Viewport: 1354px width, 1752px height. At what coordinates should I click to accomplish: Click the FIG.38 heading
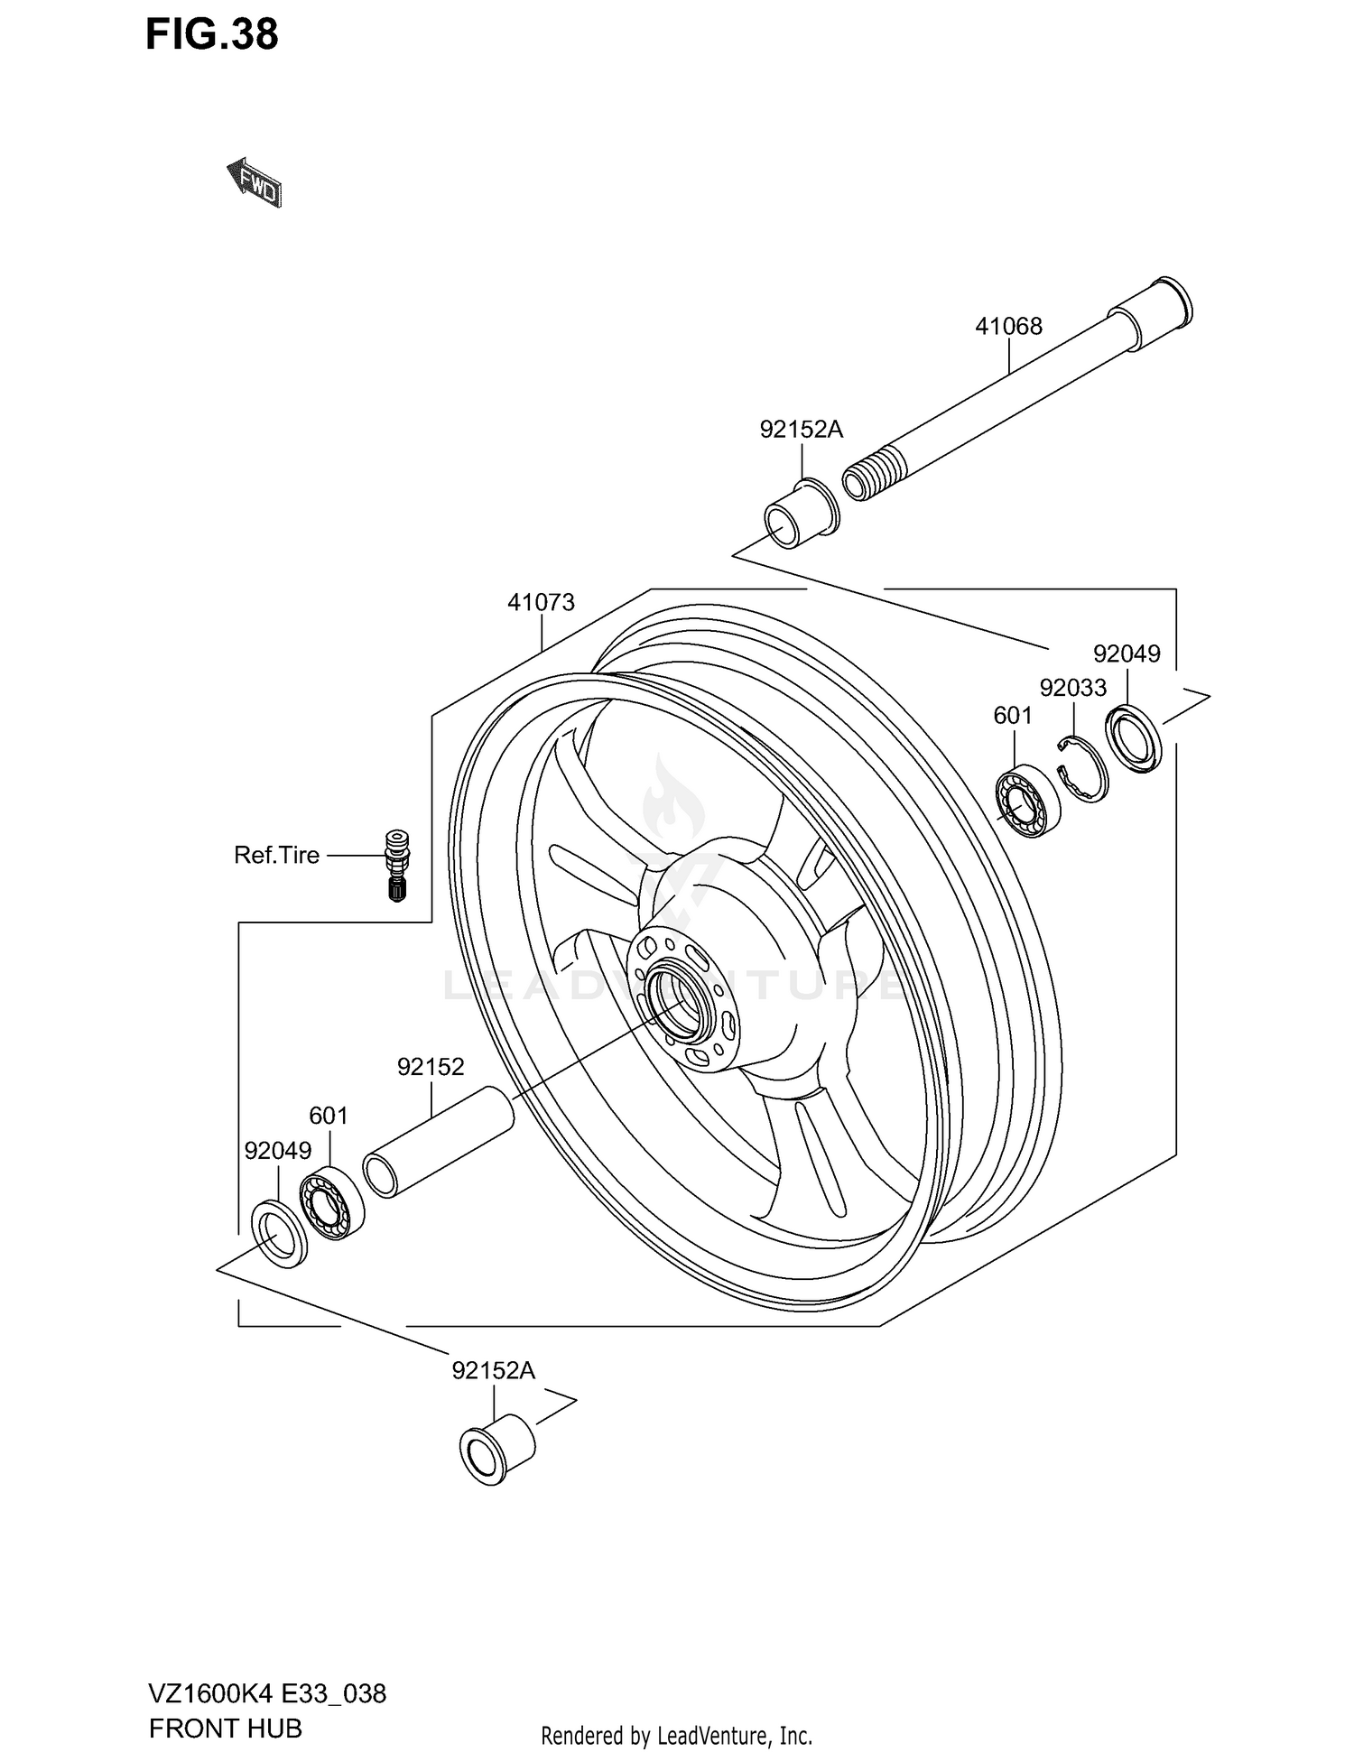pyautogui.click(x=212, y=34)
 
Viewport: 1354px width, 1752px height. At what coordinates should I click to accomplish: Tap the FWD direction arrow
pyautogui.click(x=255, y=183)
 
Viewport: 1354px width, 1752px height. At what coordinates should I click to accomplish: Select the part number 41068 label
pyautogui.click(x=1008, y=327)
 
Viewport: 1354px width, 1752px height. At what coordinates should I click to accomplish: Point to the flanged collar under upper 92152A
pyautogui.click(x=800, y=514)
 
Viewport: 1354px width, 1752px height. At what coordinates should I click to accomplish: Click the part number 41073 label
pyautogui.click(x=541, y=602)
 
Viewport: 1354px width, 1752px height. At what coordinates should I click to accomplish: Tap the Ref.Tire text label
pyautogui.click(x=276, y=855)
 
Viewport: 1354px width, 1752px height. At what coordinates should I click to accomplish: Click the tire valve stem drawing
pyautogui.click(x=396, y=864)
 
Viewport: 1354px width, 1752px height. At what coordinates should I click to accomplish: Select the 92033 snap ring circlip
pyautogui.click(x=1081, y=768)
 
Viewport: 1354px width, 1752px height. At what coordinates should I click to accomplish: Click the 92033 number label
pyautogui.click(x=1072, y=688)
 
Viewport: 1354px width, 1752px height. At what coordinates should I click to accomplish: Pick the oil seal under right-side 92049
pyautogui.click(x=1134, y=739)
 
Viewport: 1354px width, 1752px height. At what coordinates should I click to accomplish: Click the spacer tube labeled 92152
pyautogui.click(x=439, y=1143)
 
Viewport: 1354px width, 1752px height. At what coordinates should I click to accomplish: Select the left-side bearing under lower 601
pyautogui.click(x=332, y=1202)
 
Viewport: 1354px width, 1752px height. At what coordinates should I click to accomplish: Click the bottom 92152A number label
pyautogui.click(x=493, y=1370)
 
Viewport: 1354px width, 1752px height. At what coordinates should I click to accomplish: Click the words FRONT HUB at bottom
pyautogui.click(x=226, y=1729)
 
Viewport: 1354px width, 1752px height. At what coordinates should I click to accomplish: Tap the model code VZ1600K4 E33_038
pyautogui.click(x=267, y=1693)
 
